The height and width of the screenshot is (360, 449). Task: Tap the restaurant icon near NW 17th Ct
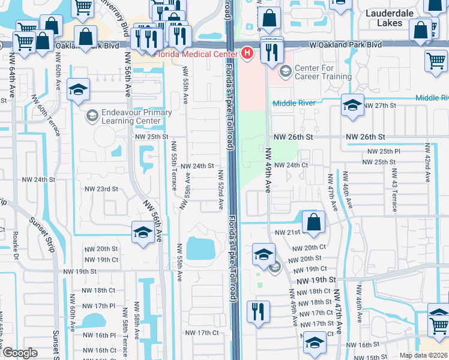[x=258, y=312]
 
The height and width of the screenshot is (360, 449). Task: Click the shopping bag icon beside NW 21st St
[x=313, y=222]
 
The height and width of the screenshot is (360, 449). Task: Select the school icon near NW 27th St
[x=352, y=106]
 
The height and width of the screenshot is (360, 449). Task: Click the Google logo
[x=20, y=353]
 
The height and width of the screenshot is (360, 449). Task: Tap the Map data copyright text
[x=423, y=355]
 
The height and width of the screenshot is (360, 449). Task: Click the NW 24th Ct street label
[x=291, y=165]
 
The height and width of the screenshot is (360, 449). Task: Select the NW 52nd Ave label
[x=221, y=190]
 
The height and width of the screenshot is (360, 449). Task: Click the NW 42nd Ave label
[x=427, y=163]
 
